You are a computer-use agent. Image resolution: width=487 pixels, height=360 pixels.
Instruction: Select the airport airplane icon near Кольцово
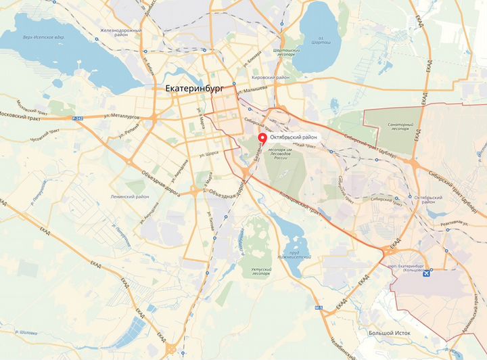[x=427, y=275]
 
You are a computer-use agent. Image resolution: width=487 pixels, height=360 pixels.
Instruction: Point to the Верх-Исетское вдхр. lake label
[x=40, y=38]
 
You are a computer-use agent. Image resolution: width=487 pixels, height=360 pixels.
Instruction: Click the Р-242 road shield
[x=77, y=118]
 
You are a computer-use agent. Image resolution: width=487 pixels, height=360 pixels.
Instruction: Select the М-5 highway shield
[x=319, y=308]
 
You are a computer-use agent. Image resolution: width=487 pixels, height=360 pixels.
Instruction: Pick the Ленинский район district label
[x=130, y=196]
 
